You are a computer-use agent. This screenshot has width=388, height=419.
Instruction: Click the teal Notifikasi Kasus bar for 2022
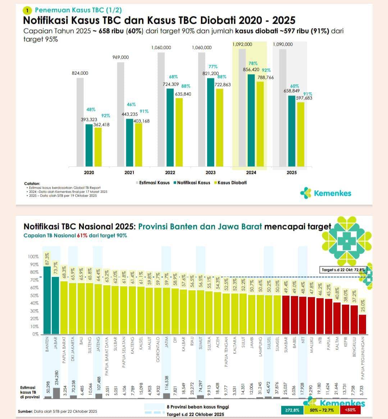point(170,128)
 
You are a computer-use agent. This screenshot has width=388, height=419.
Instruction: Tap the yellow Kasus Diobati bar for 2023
point(219,128)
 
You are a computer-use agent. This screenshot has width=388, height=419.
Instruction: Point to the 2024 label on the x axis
point(251,173)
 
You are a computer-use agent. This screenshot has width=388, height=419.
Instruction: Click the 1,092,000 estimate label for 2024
point(242,44)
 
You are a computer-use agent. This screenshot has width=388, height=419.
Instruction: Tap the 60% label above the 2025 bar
point(295,86)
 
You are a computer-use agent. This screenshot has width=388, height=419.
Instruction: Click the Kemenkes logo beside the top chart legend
point(326,193)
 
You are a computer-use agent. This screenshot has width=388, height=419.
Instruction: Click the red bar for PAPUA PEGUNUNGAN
point(362,324)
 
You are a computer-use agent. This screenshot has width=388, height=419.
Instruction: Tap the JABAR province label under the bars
point(56,344)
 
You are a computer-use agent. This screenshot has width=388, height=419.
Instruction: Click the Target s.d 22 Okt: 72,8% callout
point(343,269)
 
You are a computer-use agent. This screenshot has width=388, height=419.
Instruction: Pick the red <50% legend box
point(350,410)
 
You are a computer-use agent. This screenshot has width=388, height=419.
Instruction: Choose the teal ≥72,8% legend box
point(292,410)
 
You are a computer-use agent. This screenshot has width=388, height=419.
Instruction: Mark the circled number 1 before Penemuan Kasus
point(28,10)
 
